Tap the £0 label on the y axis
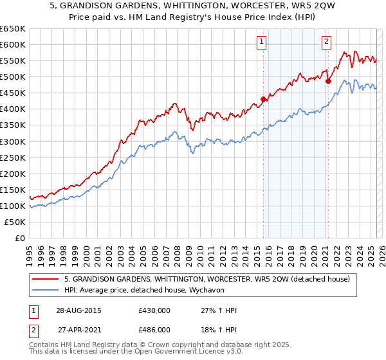[20, 239]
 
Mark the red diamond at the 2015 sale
[263, 99]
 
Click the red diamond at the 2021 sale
[328, 81]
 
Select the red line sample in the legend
[45, 279]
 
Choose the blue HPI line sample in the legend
[45, 291]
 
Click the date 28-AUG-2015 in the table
[78, 311]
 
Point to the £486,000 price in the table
[154, 329]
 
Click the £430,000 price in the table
[154, 311]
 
